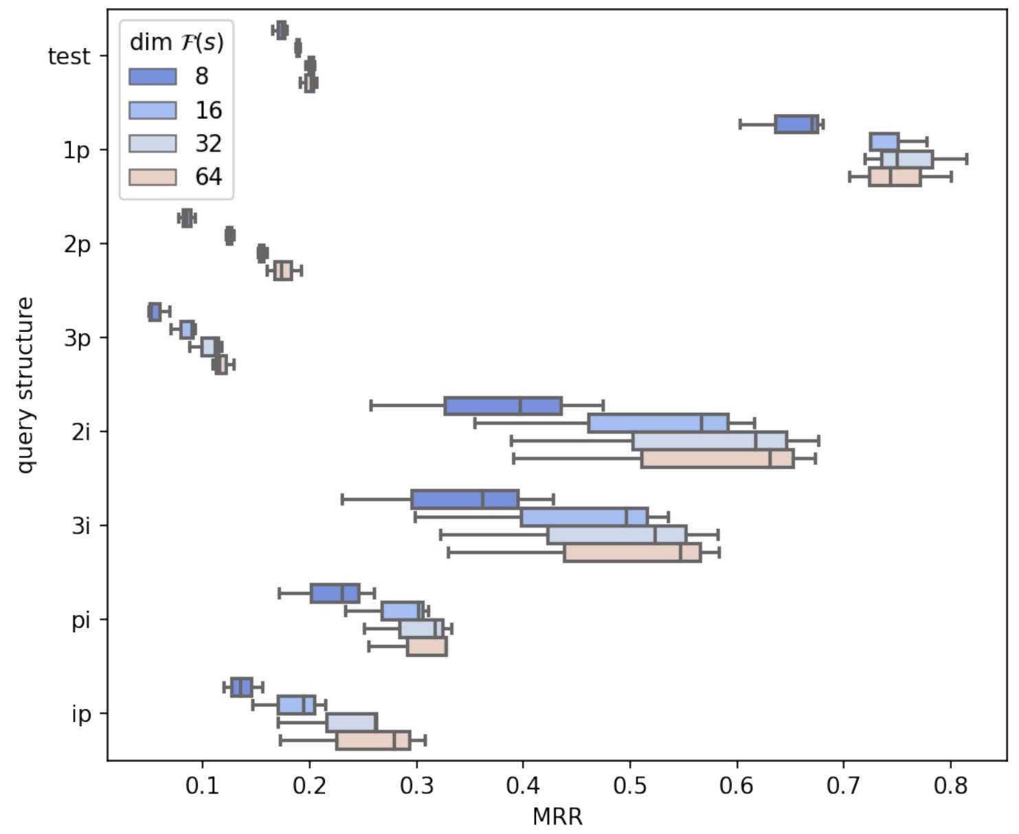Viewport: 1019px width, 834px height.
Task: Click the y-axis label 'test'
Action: (69, 56)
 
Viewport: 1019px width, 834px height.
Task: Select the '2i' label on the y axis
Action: (81, 432)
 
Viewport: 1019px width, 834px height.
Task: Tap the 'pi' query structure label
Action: (81, 620)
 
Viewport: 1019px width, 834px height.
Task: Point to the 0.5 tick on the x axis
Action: (630, 784)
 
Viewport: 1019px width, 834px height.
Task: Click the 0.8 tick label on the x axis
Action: (951, 784)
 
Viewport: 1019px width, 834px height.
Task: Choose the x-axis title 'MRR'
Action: (557, 816)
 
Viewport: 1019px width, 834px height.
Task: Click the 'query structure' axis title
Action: (25, 385)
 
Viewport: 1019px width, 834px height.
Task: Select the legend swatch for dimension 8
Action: (153, 76)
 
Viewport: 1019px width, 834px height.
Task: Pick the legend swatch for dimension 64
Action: (153, 177)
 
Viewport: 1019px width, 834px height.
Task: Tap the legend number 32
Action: (208, 144)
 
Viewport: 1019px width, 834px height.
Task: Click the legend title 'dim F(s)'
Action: (177, 43)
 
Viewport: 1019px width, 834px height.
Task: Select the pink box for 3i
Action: (632, 553)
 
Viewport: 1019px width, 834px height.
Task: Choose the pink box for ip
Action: (373, 741)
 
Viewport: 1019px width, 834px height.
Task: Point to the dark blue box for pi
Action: (335, 593)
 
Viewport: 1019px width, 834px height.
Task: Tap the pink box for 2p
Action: (283, 271)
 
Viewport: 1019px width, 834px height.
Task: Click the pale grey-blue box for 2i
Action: (709, 440)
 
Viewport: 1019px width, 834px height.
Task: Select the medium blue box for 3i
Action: (584, 517)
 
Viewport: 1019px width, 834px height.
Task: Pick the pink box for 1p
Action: (895, 177)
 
